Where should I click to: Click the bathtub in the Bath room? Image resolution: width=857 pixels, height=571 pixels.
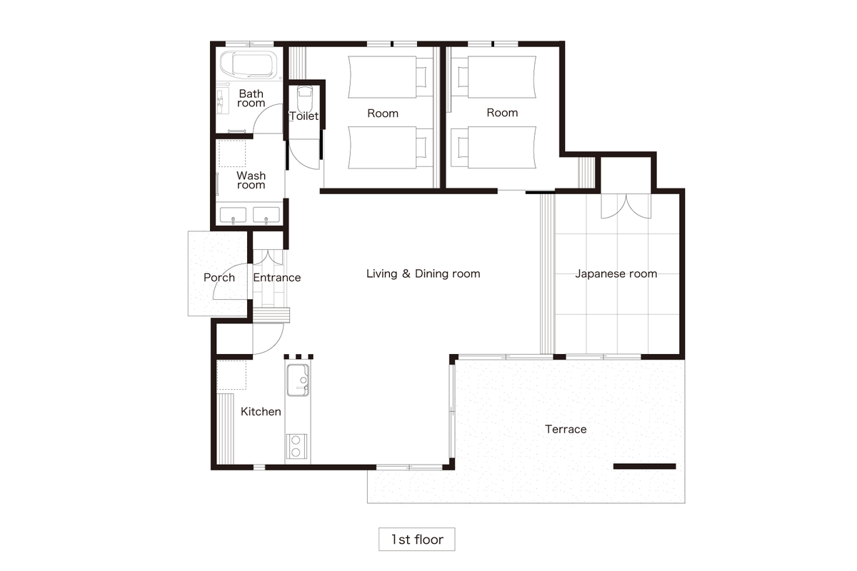tap(249, 65)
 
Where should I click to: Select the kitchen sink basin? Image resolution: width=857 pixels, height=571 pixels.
tap(298, 380)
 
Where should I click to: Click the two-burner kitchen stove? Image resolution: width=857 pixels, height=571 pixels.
tap(296, 446)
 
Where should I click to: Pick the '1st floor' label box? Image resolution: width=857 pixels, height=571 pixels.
tap(416, 540)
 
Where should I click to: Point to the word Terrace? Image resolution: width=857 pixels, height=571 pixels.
tap(566, 429)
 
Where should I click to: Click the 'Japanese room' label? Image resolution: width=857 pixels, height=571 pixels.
tap(616, 274)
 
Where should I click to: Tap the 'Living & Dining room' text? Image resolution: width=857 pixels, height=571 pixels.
tap(423, 274)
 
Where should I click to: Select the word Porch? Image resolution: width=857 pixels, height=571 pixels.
tap(219, 278)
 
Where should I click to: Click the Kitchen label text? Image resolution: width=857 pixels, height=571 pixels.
tap(261, 412)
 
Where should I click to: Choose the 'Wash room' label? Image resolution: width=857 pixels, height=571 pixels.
tap(251, 180)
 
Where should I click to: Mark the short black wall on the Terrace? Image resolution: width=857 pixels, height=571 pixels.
tap(645, 466)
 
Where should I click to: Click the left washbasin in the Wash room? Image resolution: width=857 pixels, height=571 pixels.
tap(233, 215)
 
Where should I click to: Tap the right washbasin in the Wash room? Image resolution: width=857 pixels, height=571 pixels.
tap(266, 215)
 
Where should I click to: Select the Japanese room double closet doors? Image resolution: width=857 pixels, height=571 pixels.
tap(626, 206)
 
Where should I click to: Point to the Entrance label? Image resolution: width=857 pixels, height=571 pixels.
tap(277, 278)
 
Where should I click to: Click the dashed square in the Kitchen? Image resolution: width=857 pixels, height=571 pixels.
tap(231, 375)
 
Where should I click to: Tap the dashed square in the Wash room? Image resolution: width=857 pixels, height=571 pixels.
tap(232, 153)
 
